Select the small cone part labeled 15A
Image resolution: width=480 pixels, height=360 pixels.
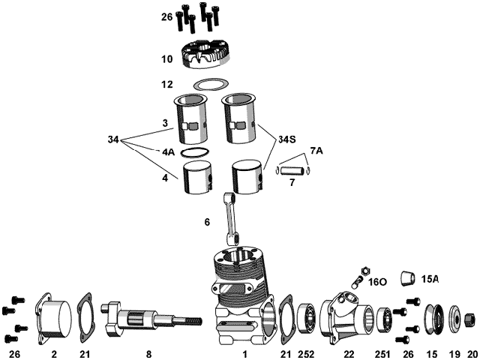click(x=408, y=280)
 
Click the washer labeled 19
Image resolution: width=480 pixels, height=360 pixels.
click(x=455, y=319)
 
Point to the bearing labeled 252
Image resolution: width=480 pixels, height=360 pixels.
click(x=306, y=318)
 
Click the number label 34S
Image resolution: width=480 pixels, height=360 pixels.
click(x=287, y=139)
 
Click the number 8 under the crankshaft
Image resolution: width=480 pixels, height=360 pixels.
click(x=149, y=352)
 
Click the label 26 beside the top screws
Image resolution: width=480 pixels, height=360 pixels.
click(x=166, y=16)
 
